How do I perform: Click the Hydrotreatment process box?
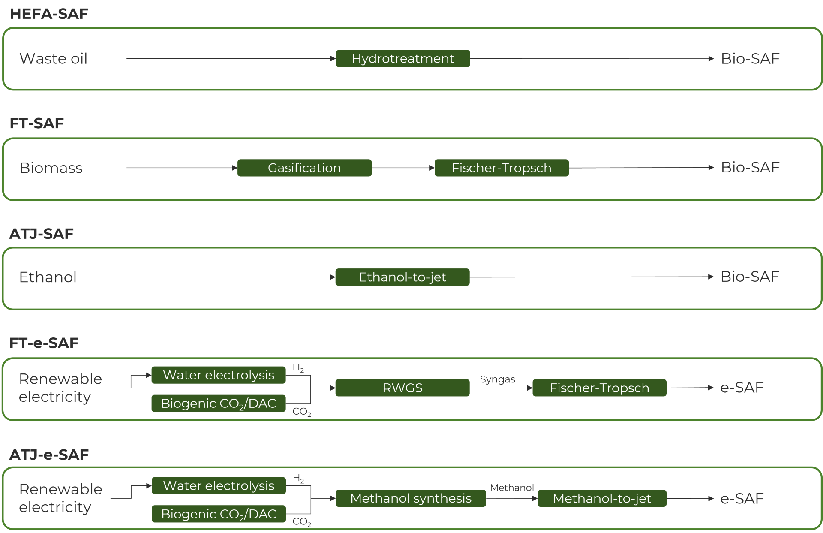pyautogui.click(x=403, y=59)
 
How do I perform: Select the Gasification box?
pyautogui.click(x=304, y=168)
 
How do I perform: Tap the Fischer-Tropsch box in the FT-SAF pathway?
pyautogui.click(x=502, y=168)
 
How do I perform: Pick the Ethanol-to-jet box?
pyautogui.click(x=402, y=277)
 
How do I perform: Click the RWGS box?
pyautogui.click(x=402, y=388)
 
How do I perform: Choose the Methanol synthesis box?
pyautogui.click(x=411, y=498)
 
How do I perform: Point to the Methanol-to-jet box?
pyautogui.click(x=602, y=498)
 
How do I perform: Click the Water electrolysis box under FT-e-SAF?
pyautogui.click(x=219, y=375)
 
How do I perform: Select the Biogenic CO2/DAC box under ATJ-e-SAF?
pyautogui.click(x=219, y=514)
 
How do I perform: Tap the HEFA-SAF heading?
pyautogui.click(x=49, y=14)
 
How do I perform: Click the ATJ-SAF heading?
pyautogui.click(x=42, y=234)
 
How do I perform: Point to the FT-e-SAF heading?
pyautogui.click(x=44, y=343)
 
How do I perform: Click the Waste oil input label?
pyautogui.click(x=54, y=58)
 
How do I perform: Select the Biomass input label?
pyautogui.click(x=51, y=168)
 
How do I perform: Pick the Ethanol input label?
pyautogui.click(x=48, y=277)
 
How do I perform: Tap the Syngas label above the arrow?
pyautogui.click(x=497, y=380)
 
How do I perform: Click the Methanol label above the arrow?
pyautogui.click(x=512, y=488)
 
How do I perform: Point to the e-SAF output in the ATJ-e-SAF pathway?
pyautogui.click(x=742, y=498)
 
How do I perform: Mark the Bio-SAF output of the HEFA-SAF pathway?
pyautogui.click(x=750, y=58)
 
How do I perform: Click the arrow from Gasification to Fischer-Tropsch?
pyautogui.click(x=403, y=168)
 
